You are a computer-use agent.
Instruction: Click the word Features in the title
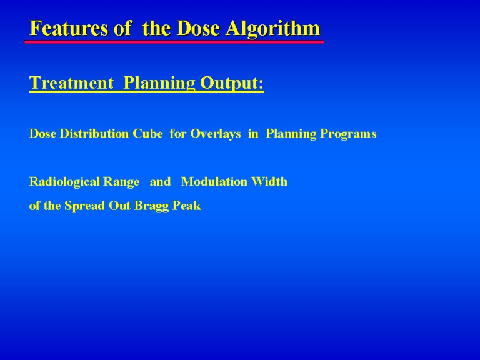click(x=69, y=28)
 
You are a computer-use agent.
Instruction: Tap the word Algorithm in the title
click(x=273, y=29)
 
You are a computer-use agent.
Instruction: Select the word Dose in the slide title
click(x=198, y=28)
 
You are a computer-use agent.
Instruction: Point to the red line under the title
click(x=174, y=42)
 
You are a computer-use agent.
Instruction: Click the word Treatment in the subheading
click(x=71, y=82)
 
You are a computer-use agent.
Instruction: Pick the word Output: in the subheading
click(x=232, y=83)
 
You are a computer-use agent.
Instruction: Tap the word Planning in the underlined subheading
click(x=159, y=83)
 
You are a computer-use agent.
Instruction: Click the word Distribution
click(x=94, y=134)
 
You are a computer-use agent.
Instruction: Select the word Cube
click(x=147, y=134)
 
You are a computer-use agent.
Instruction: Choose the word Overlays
click(x=216, y=134)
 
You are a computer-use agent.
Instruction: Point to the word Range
click(x=121, y=182)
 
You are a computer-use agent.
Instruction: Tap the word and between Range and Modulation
click(x=160, y=182)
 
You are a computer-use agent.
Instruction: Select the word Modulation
click(x=214, y=181)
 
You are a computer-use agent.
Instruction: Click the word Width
click(x=269, y=181)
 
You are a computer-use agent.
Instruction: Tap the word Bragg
click(x=151, y=206)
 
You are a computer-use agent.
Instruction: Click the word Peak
click(x=187, y=206)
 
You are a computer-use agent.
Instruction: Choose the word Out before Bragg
click(x=120, y=206)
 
